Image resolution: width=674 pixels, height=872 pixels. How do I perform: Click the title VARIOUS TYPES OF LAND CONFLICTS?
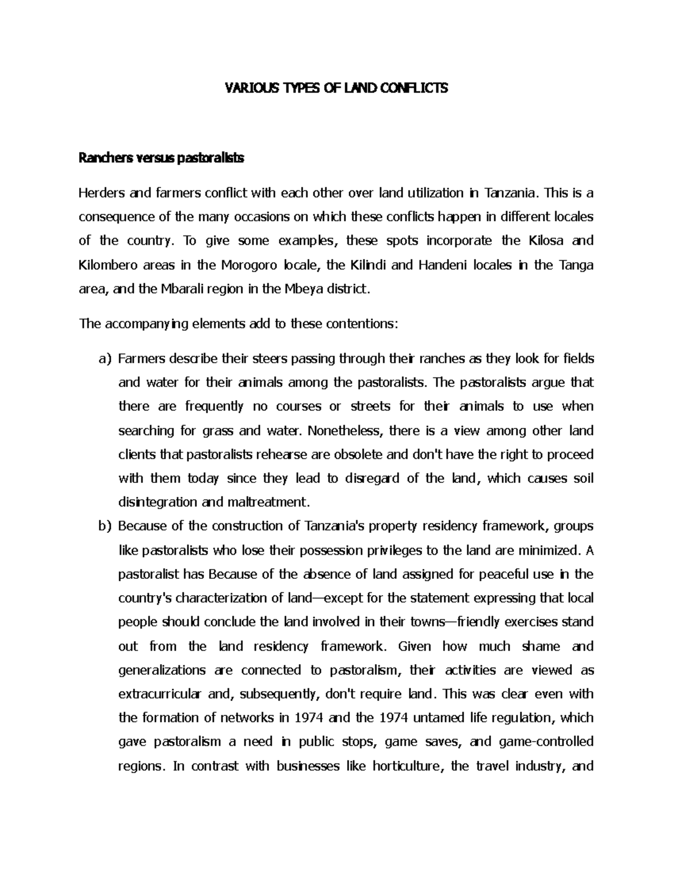point(336,88)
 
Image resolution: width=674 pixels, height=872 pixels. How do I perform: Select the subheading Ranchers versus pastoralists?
point(162,159)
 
